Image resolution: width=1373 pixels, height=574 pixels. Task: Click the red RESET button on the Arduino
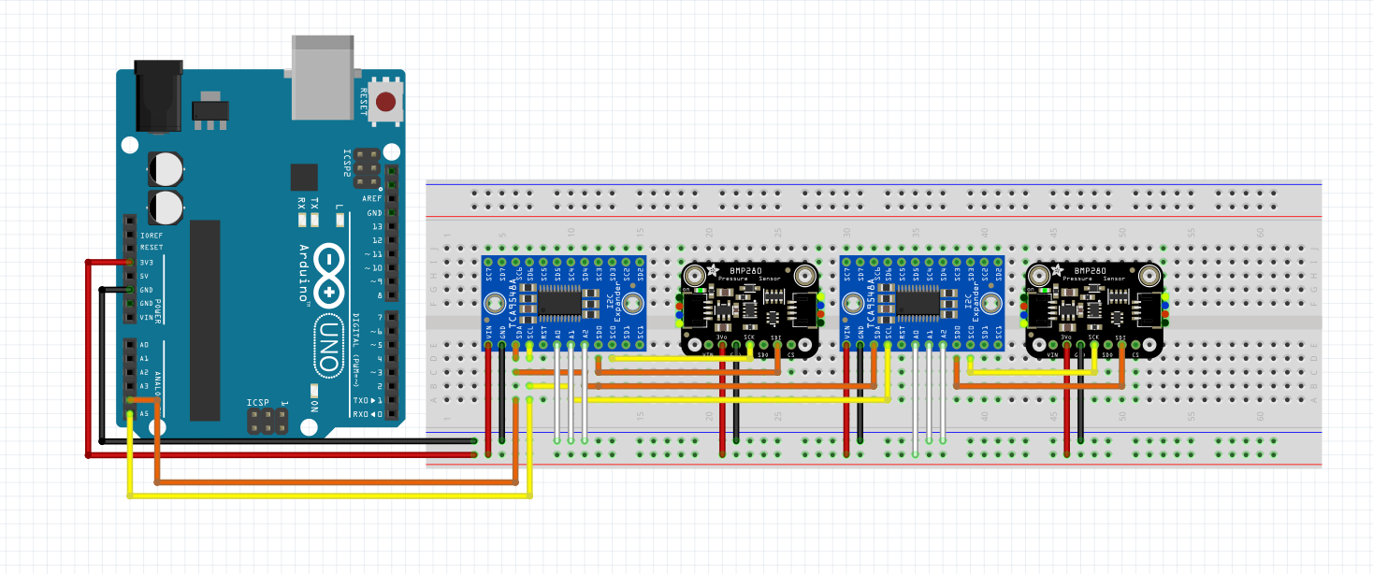tap(384, 102)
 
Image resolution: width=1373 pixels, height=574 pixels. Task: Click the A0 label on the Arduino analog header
tap(143, 345)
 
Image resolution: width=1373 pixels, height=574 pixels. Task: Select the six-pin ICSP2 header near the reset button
tap(368, 167)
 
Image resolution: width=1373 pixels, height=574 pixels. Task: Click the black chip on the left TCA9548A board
tap(560, 302)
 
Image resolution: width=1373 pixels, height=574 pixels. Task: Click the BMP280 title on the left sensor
tap(743, 269)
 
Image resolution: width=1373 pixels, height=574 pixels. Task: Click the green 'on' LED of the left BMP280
tap(700, 290)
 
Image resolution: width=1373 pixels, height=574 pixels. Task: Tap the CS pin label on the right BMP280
tap(1135, 355)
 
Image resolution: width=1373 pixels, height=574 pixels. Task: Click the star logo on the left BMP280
tap(713, 271)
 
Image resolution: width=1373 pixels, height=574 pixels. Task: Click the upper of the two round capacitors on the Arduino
tap(165, 168)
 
